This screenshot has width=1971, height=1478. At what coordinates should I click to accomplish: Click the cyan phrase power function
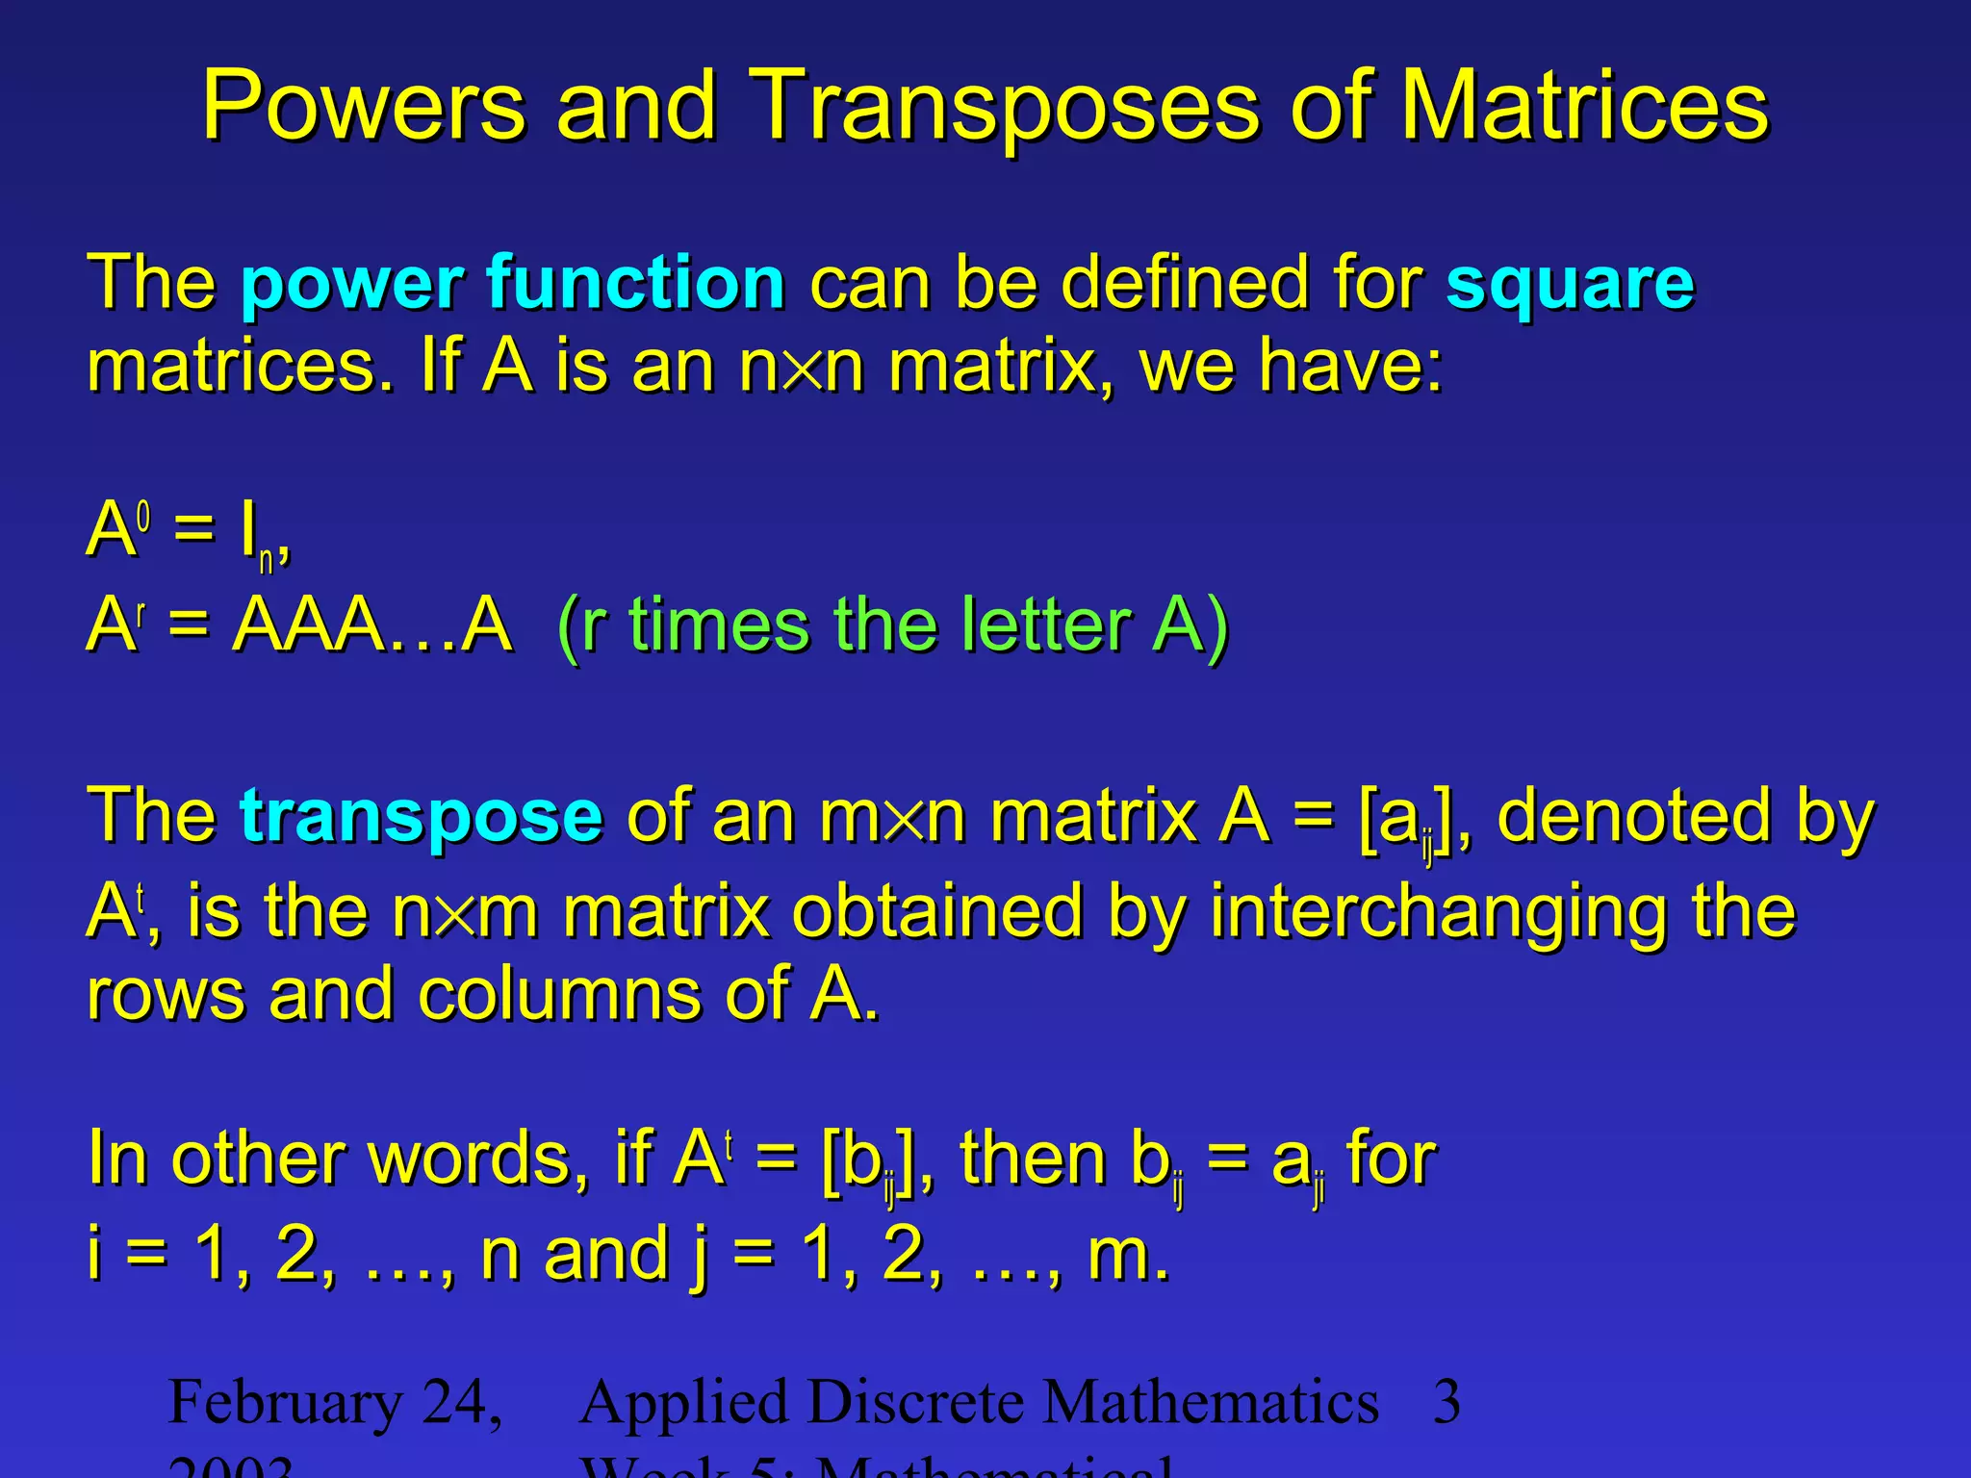coord(513,283)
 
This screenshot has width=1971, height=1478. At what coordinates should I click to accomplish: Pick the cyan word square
coord(1570,285)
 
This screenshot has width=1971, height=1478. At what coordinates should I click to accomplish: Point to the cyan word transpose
coord(422,816)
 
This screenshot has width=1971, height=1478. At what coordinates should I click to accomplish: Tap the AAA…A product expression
coord(372,624)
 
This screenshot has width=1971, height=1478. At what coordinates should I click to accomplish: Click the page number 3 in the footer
coord(1446,1401)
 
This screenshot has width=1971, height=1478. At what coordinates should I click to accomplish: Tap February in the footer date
coord(285,1401)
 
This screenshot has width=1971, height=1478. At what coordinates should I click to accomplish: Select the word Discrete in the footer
coord(917,1401)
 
